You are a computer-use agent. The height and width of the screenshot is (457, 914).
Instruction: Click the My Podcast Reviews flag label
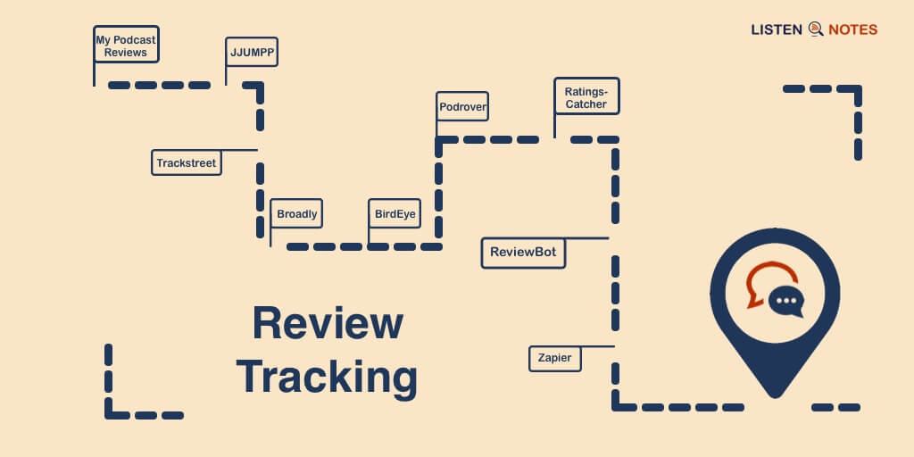pyautogui.click(x=126, y=46)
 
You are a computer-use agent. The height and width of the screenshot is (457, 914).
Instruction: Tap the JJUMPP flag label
pyautogui.click(x=251, y=53)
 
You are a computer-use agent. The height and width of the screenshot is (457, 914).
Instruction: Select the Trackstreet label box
pyautogui.click(x=187, y=162)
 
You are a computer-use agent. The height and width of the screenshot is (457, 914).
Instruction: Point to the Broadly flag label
pyautogui.click(x=296, y=214)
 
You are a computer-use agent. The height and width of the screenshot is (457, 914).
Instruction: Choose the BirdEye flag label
pyautogui.click(x=395, y=214)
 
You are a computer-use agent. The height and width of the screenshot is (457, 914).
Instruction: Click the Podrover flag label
pyautogui.click(x=462, y=107)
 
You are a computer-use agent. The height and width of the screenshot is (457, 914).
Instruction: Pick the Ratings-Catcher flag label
pyautogui.click(x=586, y=97)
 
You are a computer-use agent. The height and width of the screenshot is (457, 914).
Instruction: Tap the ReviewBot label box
pyautogui.click(x=523, y=252)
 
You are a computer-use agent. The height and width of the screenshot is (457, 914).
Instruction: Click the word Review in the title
pyautogui.click(x=327, y=323)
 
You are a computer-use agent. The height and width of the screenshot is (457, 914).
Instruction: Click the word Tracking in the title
pyautogui.click(x=327, y=377)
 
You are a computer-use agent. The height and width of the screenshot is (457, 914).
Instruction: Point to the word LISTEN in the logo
pyautogui.click(x=777, y=29)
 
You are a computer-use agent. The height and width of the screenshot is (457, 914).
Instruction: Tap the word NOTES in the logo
pyautogui.click(x=852, y=29)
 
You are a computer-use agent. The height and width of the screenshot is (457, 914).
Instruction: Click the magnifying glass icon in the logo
pyautogui.click(x=815, y=29)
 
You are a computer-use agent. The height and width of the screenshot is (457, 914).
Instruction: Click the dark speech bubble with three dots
pyautogui.click(x=786, y=302)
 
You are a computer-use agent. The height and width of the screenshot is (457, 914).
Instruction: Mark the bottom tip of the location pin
pyautogui.click(x=774, y=395)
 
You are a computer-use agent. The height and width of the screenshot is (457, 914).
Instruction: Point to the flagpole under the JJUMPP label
pyautogui.click(x=226, y=76)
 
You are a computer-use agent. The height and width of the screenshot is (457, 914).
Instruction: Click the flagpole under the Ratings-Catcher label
pyautogui.click(x=554, y=126)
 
